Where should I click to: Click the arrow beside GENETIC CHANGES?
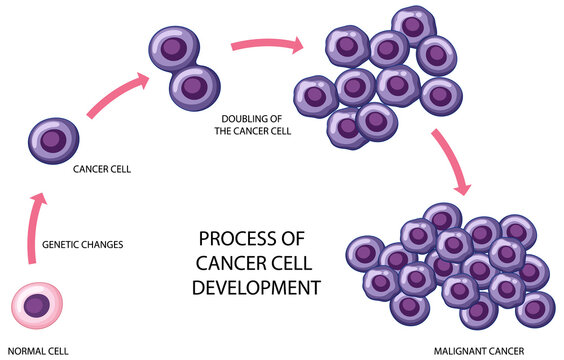coord(32,229)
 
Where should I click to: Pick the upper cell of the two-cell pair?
coord(173,46)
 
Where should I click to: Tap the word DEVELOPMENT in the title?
coord(256,285)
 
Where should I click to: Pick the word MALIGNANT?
coord(458,352)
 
